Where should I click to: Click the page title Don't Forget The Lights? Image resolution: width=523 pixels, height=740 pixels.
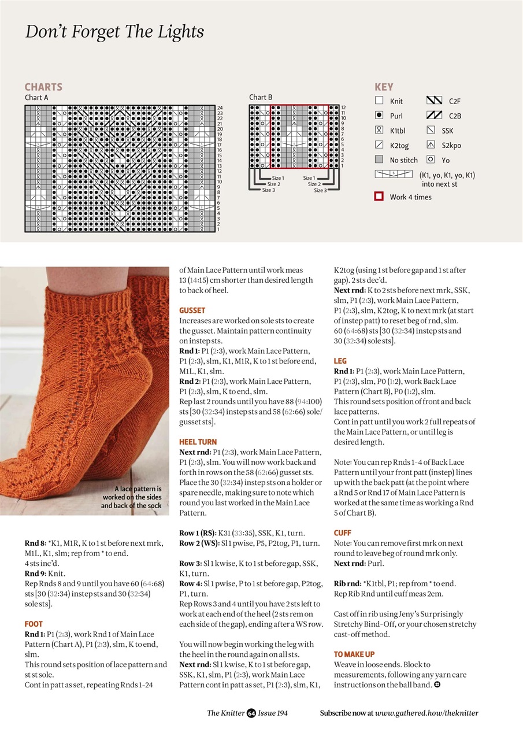(x=114, y=31)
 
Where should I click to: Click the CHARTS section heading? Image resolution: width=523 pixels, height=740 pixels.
(x=43, y=87)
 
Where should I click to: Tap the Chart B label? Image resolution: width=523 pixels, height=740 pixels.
(x=261, y=97)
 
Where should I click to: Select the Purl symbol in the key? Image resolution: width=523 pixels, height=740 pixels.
(x=379, y=116)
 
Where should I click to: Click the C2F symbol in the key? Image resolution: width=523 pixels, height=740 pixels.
(x=434, y=101)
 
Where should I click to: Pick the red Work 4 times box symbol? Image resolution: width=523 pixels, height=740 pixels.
(x=379, y=197)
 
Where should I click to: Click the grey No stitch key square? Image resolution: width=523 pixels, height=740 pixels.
(x=379, y=160)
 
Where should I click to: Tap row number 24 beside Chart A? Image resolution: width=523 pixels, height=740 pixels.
(x=220, y=108)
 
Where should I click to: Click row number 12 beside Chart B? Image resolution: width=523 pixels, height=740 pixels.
(x=343, y=108)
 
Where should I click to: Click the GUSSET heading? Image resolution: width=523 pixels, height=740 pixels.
(x=192, y=310)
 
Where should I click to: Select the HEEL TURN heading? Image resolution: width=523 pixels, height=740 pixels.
(x=198, y=442)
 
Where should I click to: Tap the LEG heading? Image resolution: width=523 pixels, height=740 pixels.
(x=340, y=361)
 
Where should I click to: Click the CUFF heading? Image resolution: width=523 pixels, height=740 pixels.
(x=342, y=532)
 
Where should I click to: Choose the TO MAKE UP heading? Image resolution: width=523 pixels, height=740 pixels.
(x=354, y=654)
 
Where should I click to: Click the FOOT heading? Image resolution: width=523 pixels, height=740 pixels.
(x=34, y=624)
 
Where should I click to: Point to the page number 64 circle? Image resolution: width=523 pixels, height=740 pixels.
(x=251, y=713)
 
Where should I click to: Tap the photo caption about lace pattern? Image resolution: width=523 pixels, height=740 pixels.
(x=131, y=497)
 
